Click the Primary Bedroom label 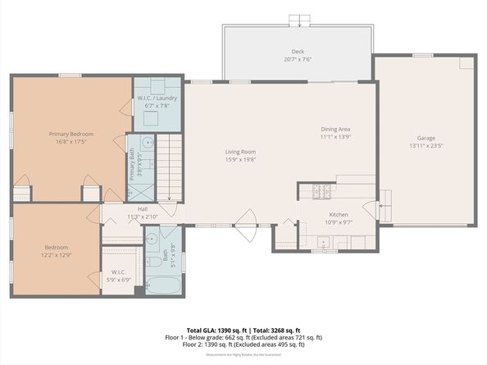71,134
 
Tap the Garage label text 426,138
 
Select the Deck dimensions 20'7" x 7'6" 298,59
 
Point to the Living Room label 241,152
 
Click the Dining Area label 335,129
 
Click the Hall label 142,209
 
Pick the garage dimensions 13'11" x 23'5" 426,147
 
